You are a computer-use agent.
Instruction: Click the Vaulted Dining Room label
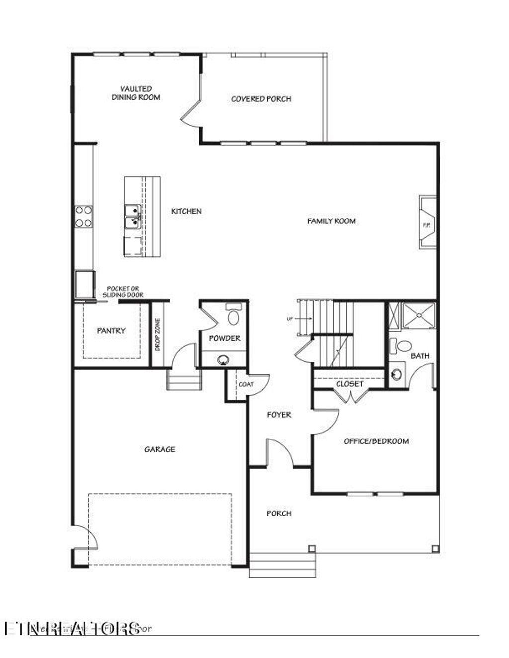pyautogui.click(x=136, y=93)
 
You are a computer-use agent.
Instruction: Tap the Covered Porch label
pyautogui.click(x=261, y=99)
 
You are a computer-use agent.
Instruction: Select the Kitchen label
pyautogui.click(x=186, y=211)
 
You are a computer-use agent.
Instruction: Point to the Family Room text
pyautogui.click(x=331, y=221)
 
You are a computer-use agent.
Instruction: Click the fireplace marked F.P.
pyautogui.click(x=427, y=222)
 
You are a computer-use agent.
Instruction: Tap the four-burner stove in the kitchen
pyautogui.click(x=84, y=217)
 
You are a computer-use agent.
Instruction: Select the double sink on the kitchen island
pyautogui.click(x=132, y=217)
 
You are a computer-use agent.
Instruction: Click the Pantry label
pyautogui.click(x=111, y=330)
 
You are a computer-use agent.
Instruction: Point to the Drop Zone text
pyautogui.click(x=157, y=335)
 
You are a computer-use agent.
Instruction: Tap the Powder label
pyautogui.click(x=224, y=338)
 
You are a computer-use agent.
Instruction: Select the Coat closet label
pyautogui.click(x=246, y=384)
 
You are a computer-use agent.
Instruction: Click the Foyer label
pyautogui.click(x=279, y=415)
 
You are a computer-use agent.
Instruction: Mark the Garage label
pyautogui.click(x=160, y=449)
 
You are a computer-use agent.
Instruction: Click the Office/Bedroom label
pyautogui.click(x=376, y=441)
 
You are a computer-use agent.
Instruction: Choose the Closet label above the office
pyautogui.click(x=349, y=384)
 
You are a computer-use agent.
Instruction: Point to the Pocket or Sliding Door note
pyautogui.click(x=123, y=292)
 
